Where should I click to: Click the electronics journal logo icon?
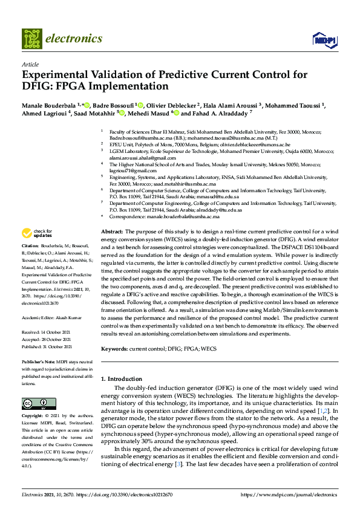pos(32,39)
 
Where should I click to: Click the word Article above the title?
pos(30,64)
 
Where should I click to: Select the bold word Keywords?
pos(115,349)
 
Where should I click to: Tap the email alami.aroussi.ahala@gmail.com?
pos(145,157)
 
